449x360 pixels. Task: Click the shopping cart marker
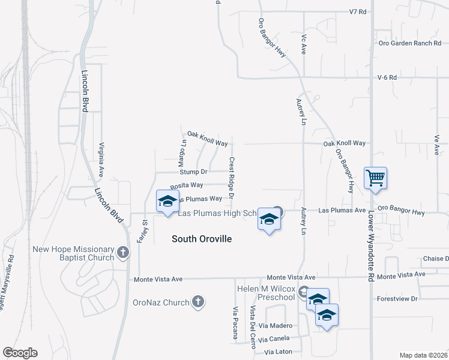click(x=375, y=178)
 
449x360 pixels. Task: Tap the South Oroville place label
click(x=202, y=239)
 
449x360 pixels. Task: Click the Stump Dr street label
click(x=196, y=172)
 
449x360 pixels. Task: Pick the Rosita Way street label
click(x=187, y=185)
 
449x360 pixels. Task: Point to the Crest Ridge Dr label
click(x=231, y=178)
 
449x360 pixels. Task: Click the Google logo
click(x=20, y=353)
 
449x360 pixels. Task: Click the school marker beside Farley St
click(x=167, y=201)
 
